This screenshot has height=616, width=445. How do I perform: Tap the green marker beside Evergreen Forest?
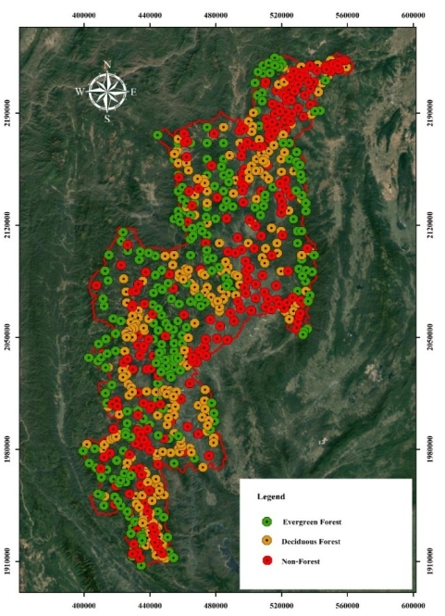click(x=266, y=522)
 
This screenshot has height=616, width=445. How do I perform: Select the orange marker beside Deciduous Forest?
click(x=266, y=541)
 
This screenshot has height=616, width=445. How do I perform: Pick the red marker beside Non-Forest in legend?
click(x=266, y=560)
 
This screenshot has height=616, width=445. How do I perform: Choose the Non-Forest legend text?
click(x=303, y=560)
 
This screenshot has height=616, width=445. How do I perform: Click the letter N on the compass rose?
click(x=108, y=65)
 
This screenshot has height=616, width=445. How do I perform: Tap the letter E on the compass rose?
click(x=133, y=92)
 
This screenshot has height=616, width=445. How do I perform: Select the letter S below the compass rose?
click(x=108, y=119)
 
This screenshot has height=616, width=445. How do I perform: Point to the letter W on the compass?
click(x=80, y=92)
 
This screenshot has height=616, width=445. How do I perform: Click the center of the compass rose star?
click(x=108, y=92)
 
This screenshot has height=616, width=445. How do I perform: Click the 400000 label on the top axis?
click(x=84, y=16)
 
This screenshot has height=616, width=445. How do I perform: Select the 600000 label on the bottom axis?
click(x=414, y=603)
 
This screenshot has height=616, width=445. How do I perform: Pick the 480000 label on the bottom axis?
click(x=216, y=603)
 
